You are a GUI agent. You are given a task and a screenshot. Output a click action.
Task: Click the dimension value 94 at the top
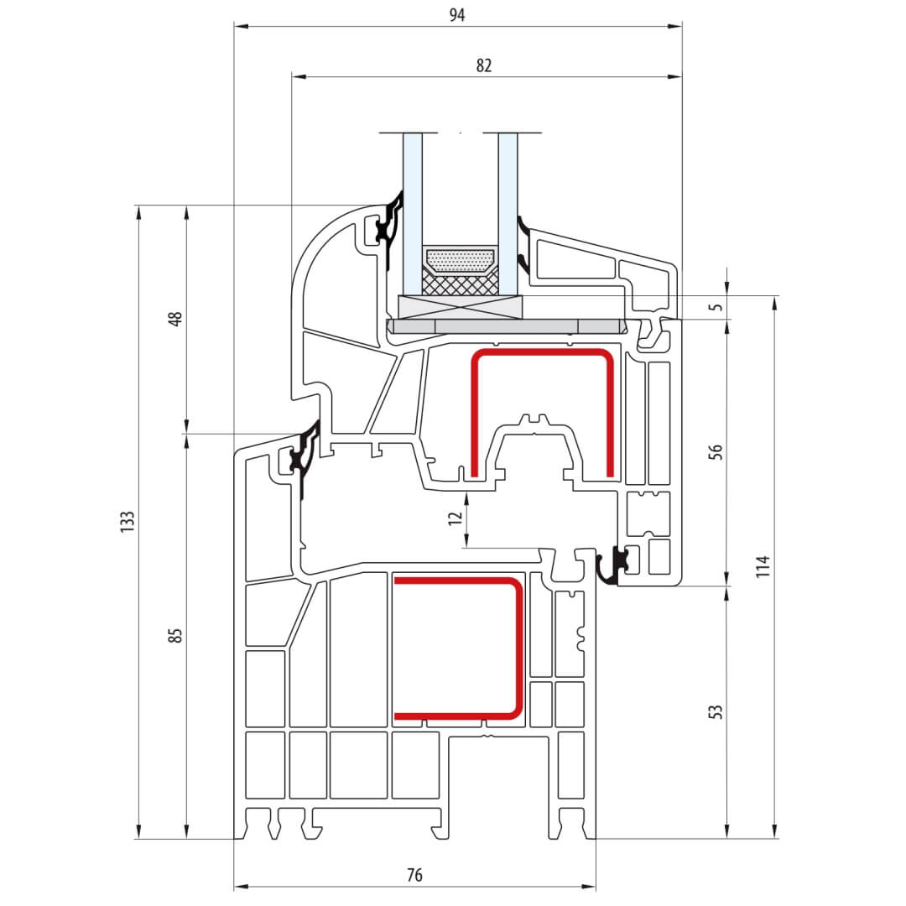point(457,15)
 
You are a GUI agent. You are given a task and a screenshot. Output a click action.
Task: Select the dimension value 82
point(484,65)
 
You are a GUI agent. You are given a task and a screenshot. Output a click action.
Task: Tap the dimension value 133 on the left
point(128,522)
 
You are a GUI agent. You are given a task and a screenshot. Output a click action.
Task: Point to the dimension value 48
point(175,319)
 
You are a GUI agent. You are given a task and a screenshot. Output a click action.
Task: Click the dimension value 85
point(175,635)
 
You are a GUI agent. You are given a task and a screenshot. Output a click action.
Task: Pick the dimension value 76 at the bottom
point(414,875)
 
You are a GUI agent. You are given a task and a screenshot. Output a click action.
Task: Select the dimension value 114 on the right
point(762,566)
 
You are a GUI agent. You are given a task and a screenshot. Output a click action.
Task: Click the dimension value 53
point(716,712)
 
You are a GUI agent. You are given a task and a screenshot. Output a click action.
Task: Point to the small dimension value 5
point(716,307)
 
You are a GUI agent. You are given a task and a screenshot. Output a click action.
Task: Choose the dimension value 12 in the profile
point(455,518)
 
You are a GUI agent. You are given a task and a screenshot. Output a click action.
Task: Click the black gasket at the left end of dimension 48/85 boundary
point(302,454)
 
